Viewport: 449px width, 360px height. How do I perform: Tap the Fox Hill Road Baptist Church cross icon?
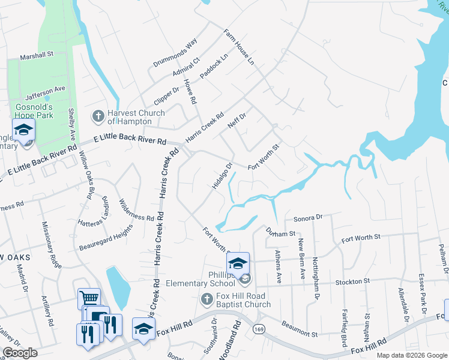point(206,299)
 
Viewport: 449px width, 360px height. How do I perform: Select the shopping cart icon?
point(89,298)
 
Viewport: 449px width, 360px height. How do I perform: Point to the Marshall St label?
point(37,54)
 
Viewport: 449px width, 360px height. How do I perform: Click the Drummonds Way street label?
point(175,53)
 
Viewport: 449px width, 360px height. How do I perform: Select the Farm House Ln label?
point(239,47)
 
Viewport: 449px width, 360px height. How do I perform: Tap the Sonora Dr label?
point(308,217)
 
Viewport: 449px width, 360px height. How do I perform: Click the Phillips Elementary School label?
point(200,279)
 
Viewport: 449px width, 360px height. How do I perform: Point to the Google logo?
point(20,353)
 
